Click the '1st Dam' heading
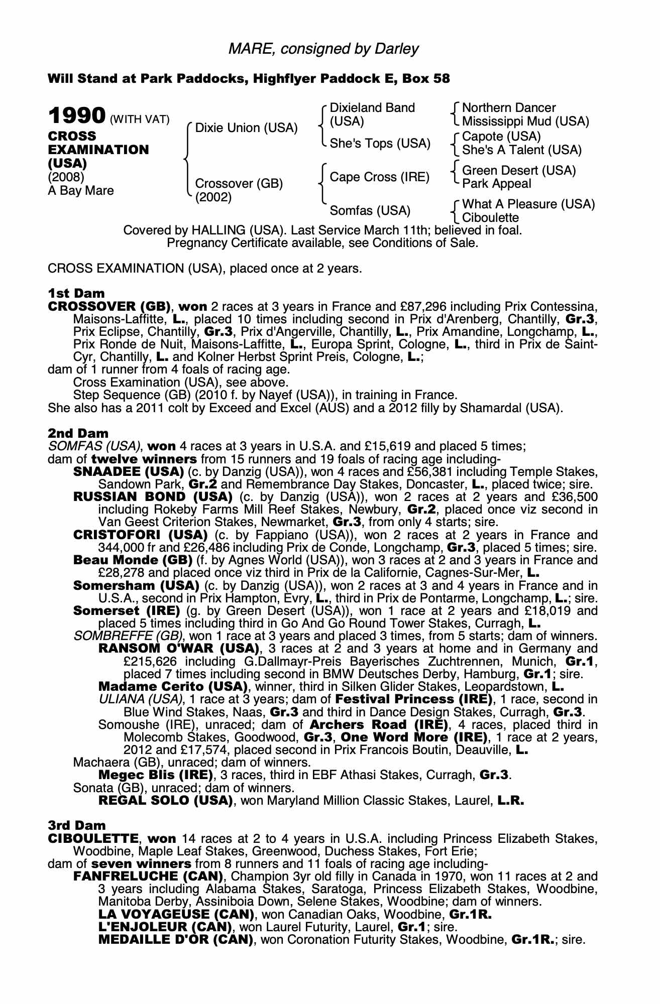[x=76, y=293]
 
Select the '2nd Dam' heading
[x=78, y=433]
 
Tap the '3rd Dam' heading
[x=77, y=825]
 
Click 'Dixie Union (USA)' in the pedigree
[x=246, y=128]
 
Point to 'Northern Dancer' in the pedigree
[x=508, y=108]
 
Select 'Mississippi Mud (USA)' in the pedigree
[x=525, y=121]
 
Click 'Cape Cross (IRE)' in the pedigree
[x=379, y=177]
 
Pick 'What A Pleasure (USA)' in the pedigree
[x=528, y=204]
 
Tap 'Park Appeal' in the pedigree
[x=496, y=184]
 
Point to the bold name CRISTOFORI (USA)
[x=141, y=535]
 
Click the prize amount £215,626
[x=155, y=662]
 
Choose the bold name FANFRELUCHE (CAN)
[x=148, y=876]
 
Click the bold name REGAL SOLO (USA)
[x=166, y=801]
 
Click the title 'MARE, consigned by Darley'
[x=323, y=49]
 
